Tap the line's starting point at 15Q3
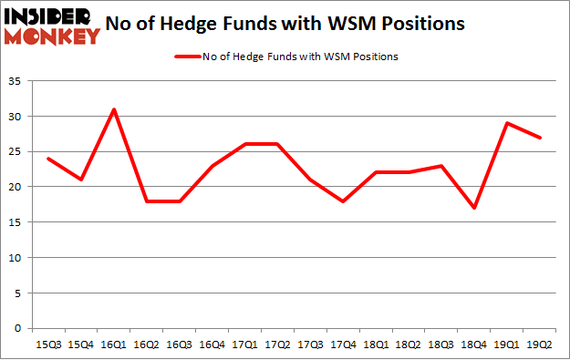tap(48, 159)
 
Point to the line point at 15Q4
tap(80, 180)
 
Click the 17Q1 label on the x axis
tap(243, 345)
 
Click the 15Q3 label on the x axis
tap(48, 345)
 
